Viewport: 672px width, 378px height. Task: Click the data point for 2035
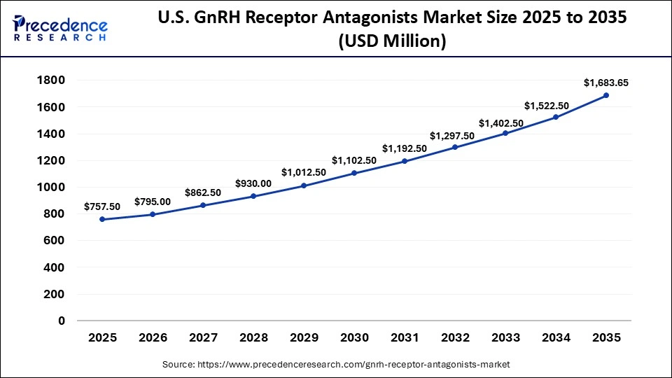[x=606, y=95]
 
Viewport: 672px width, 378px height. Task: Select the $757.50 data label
[x=102, y=206]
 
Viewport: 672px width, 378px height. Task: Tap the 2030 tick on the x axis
[x=354, y=337]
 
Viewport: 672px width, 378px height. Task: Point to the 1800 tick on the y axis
[x=50, y=80]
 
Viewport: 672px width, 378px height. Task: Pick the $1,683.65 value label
[x=606, y=83]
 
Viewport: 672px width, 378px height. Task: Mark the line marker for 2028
[x=253, y=196]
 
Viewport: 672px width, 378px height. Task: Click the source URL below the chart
[x=336, y=364]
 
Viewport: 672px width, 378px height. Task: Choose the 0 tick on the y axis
[x=62, y=321]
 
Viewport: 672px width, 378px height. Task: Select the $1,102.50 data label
[x=354, y=160]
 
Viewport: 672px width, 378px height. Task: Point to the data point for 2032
[x=455, y=147]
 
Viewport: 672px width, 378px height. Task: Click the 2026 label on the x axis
[x=153, y=337]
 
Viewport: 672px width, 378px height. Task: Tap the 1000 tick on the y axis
[x=50, y=188]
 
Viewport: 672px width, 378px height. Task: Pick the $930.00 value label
[x=253, y=183]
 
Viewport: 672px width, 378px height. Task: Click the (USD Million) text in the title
[x=392, y=42]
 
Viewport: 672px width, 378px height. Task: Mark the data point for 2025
[x=102, y=219]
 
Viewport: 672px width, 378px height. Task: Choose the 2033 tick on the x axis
[x=505, y=337]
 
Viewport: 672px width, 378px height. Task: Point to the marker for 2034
[x=556, y=117]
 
